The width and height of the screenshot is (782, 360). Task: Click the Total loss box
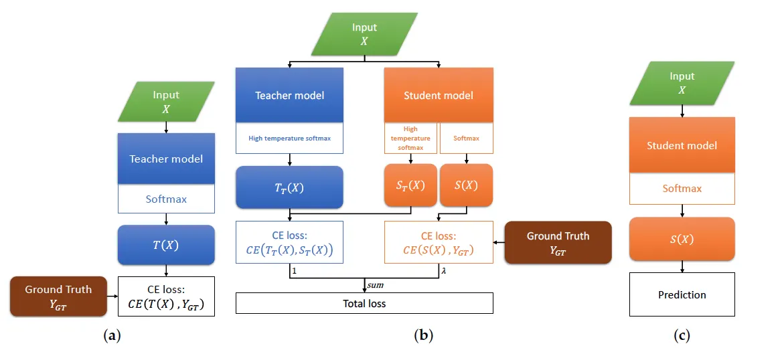pos(364,303)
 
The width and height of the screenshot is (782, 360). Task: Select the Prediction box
pos(682,294)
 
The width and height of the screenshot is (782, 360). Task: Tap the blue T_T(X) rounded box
pos(289,187)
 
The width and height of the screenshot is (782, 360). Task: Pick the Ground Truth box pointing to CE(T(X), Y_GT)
pos(58,296)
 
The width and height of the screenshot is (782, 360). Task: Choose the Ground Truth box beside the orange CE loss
pos(558,242)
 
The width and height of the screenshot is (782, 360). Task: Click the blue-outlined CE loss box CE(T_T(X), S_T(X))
pos(289,242)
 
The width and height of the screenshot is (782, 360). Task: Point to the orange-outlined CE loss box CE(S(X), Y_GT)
pos(439,242)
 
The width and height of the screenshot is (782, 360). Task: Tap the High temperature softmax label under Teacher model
pos(289,139)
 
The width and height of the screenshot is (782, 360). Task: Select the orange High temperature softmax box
pos(410,138)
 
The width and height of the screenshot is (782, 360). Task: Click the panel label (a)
pos(112,336)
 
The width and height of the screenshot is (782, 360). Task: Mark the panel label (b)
pos(423,336)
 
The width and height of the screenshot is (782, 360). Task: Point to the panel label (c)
pos(682,336)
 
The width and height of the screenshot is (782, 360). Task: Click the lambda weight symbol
pos(443,271)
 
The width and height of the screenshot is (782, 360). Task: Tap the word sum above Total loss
pos(375,285)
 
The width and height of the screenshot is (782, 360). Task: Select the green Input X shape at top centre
pos(364,34)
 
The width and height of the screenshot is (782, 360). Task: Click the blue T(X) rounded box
pos(166,245)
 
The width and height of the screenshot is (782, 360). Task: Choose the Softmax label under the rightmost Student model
pos(682,189)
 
